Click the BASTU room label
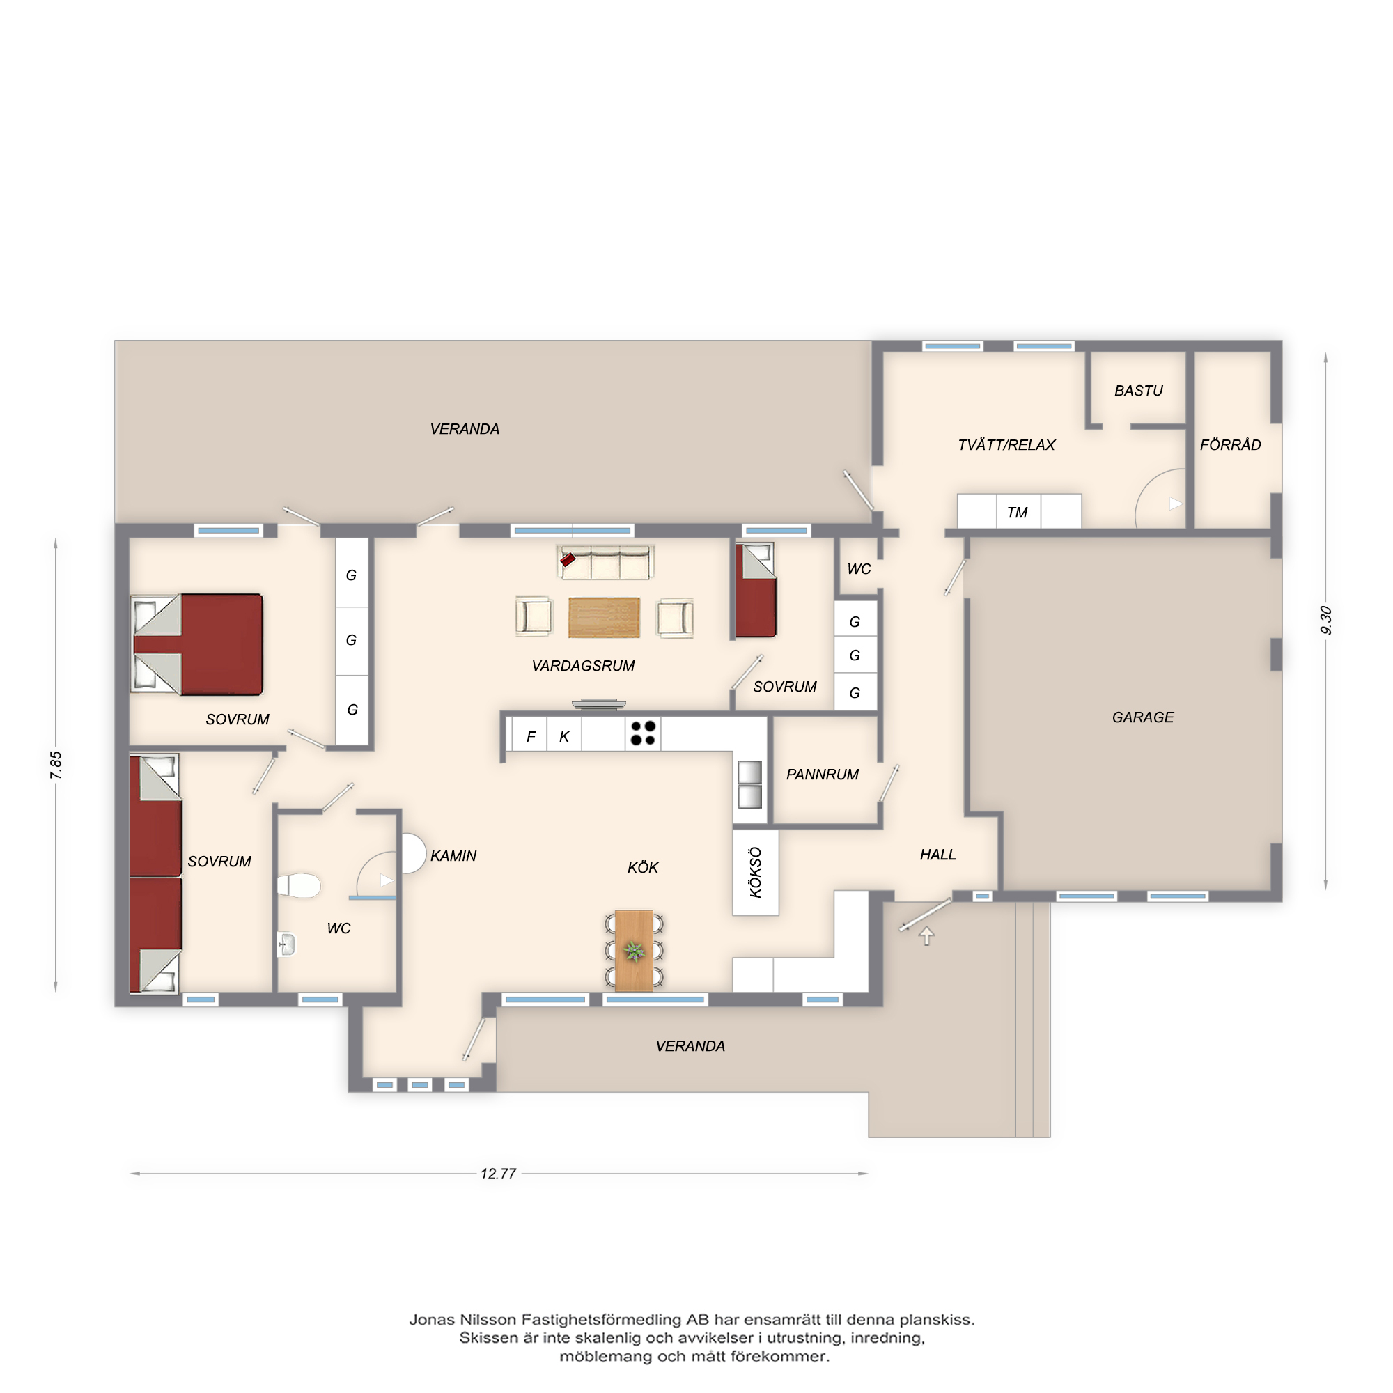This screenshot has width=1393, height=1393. pyautogui.click(x=1139, y=391)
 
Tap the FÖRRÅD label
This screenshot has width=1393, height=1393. pyautogui.click(x=1230, y=445)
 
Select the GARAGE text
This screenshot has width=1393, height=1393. pyautogui.click(x=1143, y=717)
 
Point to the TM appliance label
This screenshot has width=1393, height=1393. pyautogui.click(x=1017, y=513)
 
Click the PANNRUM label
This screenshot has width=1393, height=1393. pyautogui.click(x=822, y=775)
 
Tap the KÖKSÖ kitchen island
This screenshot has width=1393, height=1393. pyautogui.click(x=756, y=872)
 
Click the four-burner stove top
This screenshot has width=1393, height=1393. pyautogui.click(x=642, y=733)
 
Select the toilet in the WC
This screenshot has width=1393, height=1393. pyautogui.click(x=299, y=885)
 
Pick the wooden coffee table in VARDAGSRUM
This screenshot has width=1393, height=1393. pyautogui.click(x=603, y=617)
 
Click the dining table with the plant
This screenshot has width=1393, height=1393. pyautogui.click(x=634, y=950)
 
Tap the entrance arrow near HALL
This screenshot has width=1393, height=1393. pyautogui.click(x=926, y=936)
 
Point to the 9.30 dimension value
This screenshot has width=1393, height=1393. pyautogui.click(x=1325, y=620)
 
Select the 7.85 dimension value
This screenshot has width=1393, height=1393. pyautogui.click(x=56, y=764)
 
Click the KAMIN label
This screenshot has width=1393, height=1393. pyautogui.click(x=453, y=856)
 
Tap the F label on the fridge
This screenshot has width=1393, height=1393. pyautogui.click(x=531, y=737)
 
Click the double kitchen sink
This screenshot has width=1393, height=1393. pyautogui.click(x=750, y=784)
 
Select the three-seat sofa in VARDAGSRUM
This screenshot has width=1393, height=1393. pyautogui.click(x=606, y=562)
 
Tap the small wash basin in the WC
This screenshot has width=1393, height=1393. pyautogui.click(x=287, y=944)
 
